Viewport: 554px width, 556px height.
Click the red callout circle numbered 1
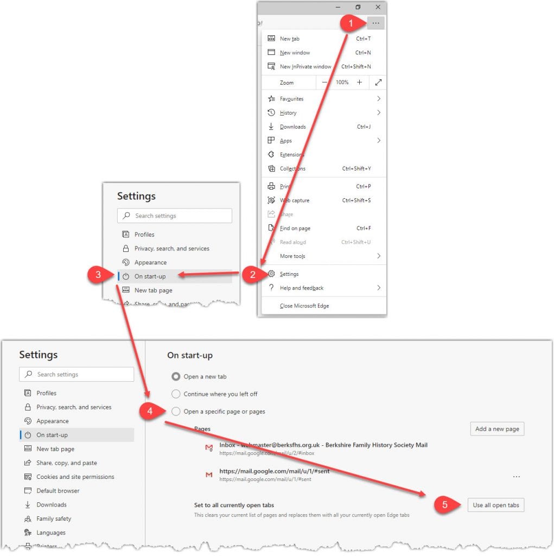[351, 23]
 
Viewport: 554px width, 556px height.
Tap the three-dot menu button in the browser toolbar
[375, 23]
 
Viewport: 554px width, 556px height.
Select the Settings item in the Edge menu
[289, 274]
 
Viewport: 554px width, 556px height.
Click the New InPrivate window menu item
[305, 67]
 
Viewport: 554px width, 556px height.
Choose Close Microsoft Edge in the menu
[304, 306]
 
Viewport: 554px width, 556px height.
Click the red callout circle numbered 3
[98, 275]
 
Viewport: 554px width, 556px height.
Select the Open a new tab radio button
[176, 376]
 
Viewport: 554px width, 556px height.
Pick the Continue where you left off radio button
[176, 394]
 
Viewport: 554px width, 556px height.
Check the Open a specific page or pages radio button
[176, 412]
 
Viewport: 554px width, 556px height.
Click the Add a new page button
[497, 429]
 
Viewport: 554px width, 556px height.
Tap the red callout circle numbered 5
[445, 505]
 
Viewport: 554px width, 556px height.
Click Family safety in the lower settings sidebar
[54, 519]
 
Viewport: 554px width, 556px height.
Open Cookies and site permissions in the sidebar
[75, 477]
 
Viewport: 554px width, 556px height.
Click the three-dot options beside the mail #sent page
[517, 476]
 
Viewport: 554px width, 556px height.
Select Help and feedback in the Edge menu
[302, 288]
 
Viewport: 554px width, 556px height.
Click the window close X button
[378, 7]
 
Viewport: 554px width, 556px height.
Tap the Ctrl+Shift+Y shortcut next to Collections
[356, 169]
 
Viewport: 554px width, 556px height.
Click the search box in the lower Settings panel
[77, 374]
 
